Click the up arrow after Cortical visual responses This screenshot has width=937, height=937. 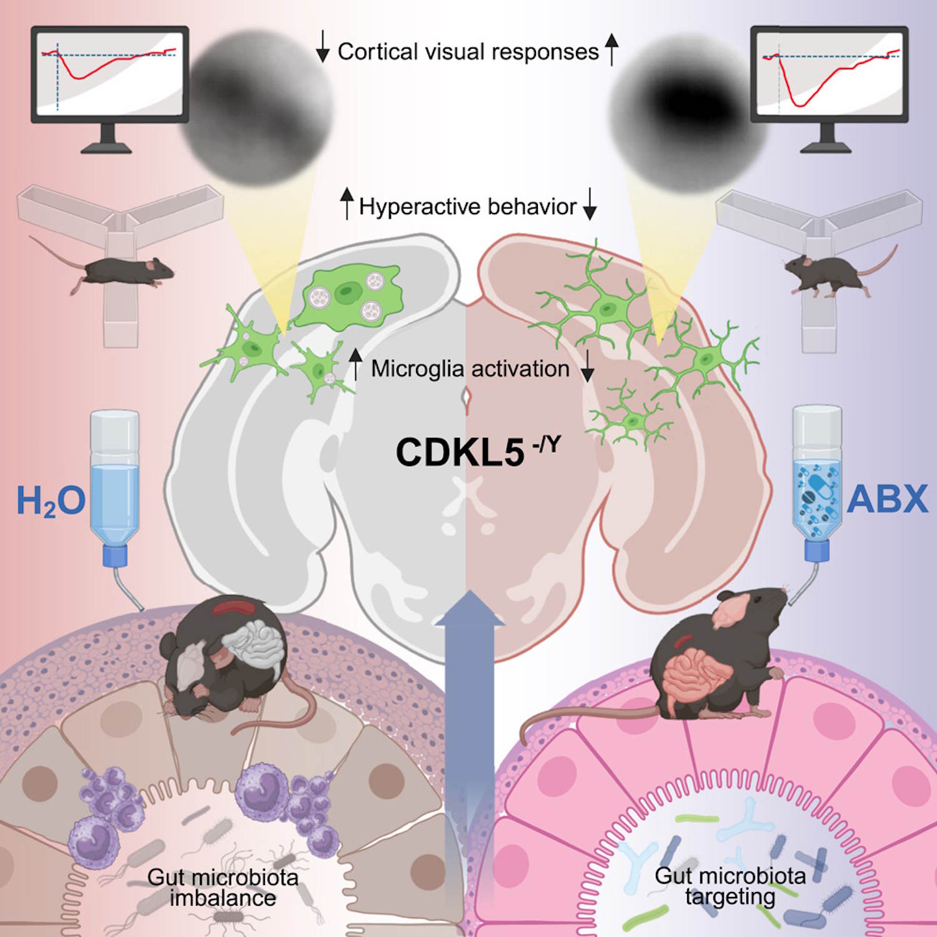tap(612, 49)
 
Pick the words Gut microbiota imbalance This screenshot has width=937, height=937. tap(223, 888)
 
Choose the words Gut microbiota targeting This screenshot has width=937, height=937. tap(730, 886)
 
